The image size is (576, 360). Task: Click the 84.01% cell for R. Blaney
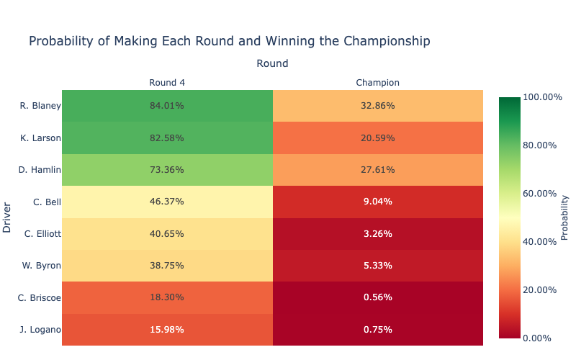[x=167, y=106]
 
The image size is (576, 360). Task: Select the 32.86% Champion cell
[x=378, y=106]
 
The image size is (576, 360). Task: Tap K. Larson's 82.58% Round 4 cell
[x=167, y=138]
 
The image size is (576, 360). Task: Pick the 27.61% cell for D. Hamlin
[x=378, y=170]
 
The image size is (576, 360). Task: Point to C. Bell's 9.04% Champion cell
[x=378, y=202]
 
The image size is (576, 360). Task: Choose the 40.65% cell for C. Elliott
[x=167, y=233]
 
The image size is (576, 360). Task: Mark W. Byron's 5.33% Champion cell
[x=378, y=266]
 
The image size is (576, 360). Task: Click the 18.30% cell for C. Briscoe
[x=167, y=297]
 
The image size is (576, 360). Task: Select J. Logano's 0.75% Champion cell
[x=378, y=330]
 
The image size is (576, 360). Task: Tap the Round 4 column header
[x=167, y=83]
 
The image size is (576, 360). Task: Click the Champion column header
[x=378, y=83]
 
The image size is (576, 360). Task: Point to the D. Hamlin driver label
[x=40, y=170]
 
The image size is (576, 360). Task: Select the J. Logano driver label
[x=40, y=330]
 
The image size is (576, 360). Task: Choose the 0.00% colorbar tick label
[x=536, y=338]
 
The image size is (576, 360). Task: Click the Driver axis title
[x=7, y=217]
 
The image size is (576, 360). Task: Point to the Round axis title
[x=272, y=63]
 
